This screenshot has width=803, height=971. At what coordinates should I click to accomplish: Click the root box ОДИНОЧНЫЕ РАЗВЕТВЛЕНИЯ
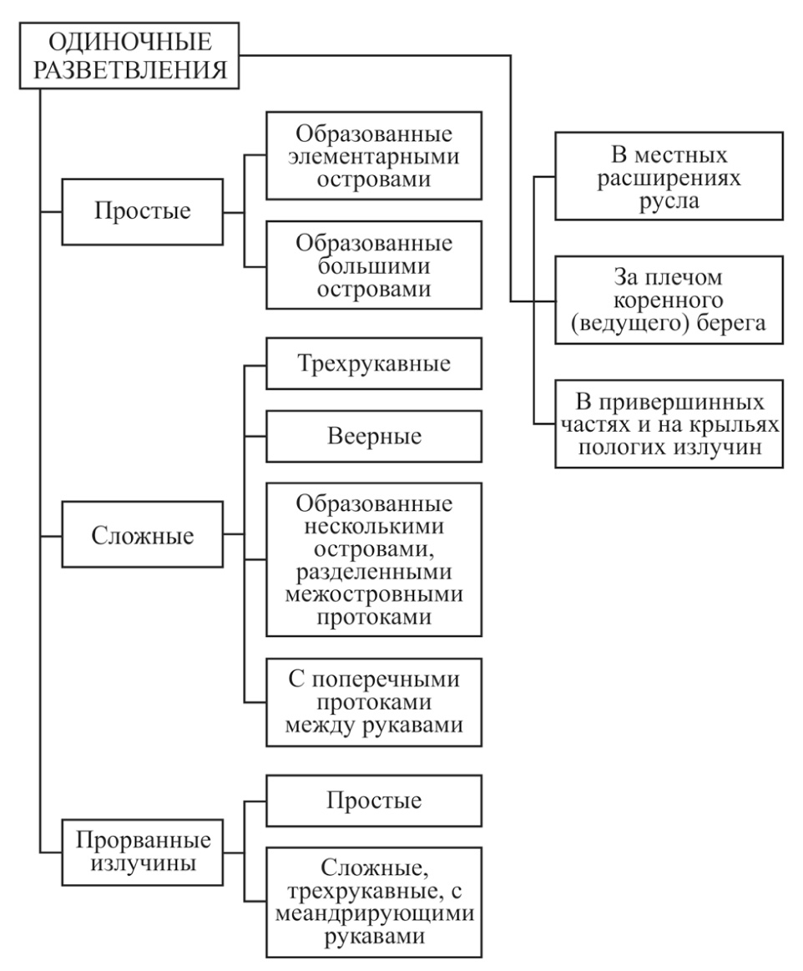[x=129, y=56]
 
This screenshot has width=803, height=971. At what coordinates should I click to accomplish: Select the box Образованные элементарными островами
[x=374, y=155]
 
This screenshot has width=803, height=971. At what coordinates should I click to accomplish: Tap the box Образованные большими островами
[x=374, y=265]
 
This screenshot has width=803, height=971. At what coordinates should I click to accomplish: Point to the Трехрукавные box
[x=374, y=363]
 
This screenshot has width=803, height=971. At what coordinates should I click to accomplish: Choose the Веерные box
[x=374, y=436]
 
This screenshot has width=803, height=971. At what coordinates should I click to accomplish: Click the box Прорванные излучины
[x=143, y=852]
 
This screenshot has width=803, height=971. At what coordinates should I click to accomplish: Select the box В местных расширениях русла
[x=669, y=176]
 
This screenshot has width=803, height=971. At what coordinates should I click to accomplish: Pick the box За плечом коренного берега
[x=669, y=300]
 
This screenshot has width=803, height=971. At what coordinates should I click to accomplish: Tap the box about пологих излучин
[x=669, y=423]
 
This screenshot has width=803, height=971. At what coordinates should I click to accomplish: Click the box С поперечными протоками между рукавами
[x=374, y=702]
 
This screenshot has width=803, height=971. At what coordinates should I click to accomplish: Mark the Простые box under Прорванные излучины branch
[x=374, y=800]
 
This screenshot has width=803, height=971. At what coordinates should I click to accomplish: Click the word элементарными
[x=374, y=156]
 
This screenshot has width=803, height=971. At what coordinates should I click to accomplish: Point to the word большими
[x=374, y=266]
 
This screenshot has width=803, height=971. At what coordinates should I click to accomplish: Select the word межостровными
[x=374, y=594]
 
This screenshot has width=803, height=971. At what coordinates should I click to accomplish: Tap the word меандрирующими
[x=374, y=913]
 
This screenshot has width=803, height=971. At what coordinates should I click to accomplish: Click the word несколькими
[x=374, y=526]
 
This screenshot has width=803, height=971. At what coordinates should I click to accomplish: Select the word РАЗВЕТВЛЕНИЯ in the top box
[x=130, y=69]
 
